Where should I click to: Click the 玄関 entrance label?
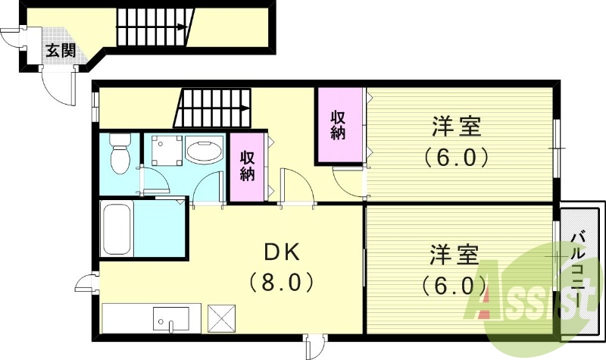pyautogui.click(x=58, y=51)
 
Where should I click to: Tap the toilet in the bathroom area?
pyautogui.click(x=119, y=154)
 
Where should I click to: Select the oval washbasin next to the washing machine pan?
pyautogui.click(x=204, y=151)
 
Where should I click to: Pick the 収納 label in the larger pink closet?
pyautogui.click(x=338, y=125)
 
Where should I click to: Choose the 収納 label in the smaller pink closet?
pyautogui.click(x=247, y=166)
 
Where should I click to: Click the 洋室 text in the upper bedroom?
pyautogui.click(x=458, y=126)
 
